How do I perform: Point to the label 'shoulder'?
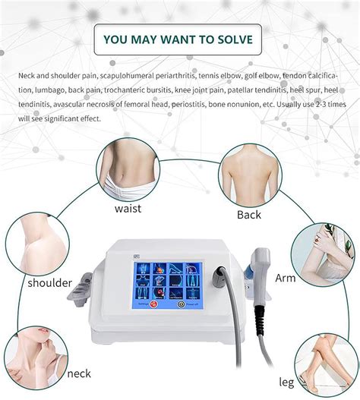[50, 283]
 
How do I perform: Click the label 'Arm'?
[285, 278]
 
